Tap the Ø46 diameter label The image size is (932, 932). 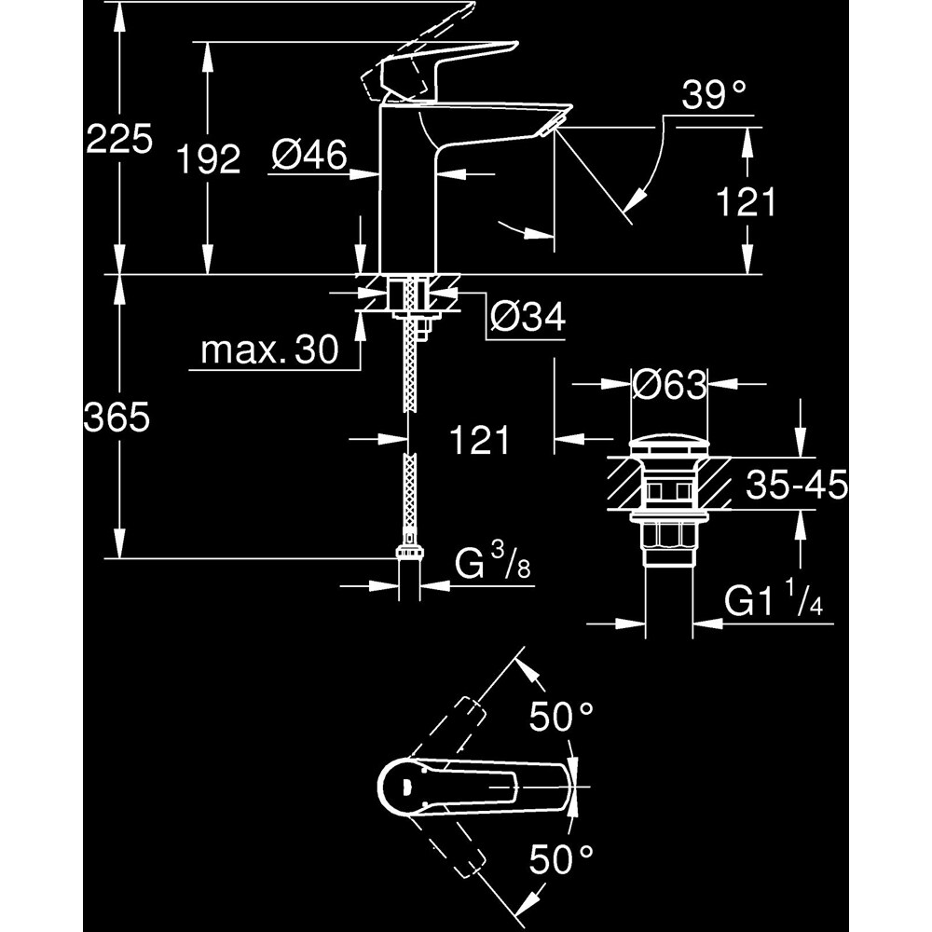pyautogui.click(x=310, y=155)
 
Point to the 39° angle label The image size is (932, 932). pyautogui.click(x=715, y=95)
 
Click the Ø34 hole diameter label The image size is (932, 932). pyautogui.click(x=528, y=318)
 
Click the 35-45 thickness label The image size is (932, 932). pyautogui.click(x=796, y=485)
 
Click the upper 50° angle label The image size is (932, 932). pyautogui.click(x=562, y=718)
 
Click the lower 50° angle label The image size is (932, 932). pyautogui.click(x=562, y=857)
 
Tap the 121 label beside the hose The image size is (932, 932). pyautogui.click(x=481, y=440)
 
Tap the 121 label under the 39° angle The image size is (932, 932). pyautogui.click(x=747, y=201)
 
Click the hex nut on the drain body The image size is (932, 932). pyautogui.click(x=669, y=539)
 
